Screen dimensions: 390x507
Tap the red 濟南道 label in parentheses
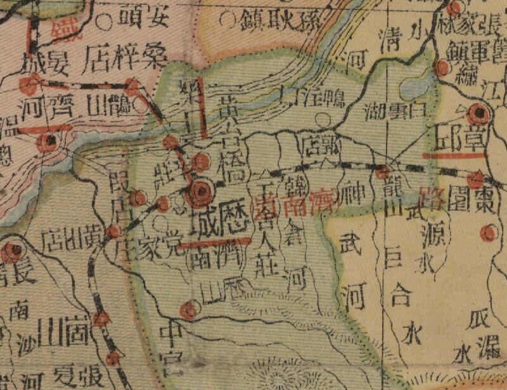tap(295, 204)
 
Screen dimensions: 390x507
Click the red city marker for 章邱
tap(479, 115)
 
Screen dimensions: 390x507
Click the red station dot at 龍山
tap(382, 171)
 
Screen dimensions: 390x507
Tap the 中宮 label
tap(171, 346)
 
